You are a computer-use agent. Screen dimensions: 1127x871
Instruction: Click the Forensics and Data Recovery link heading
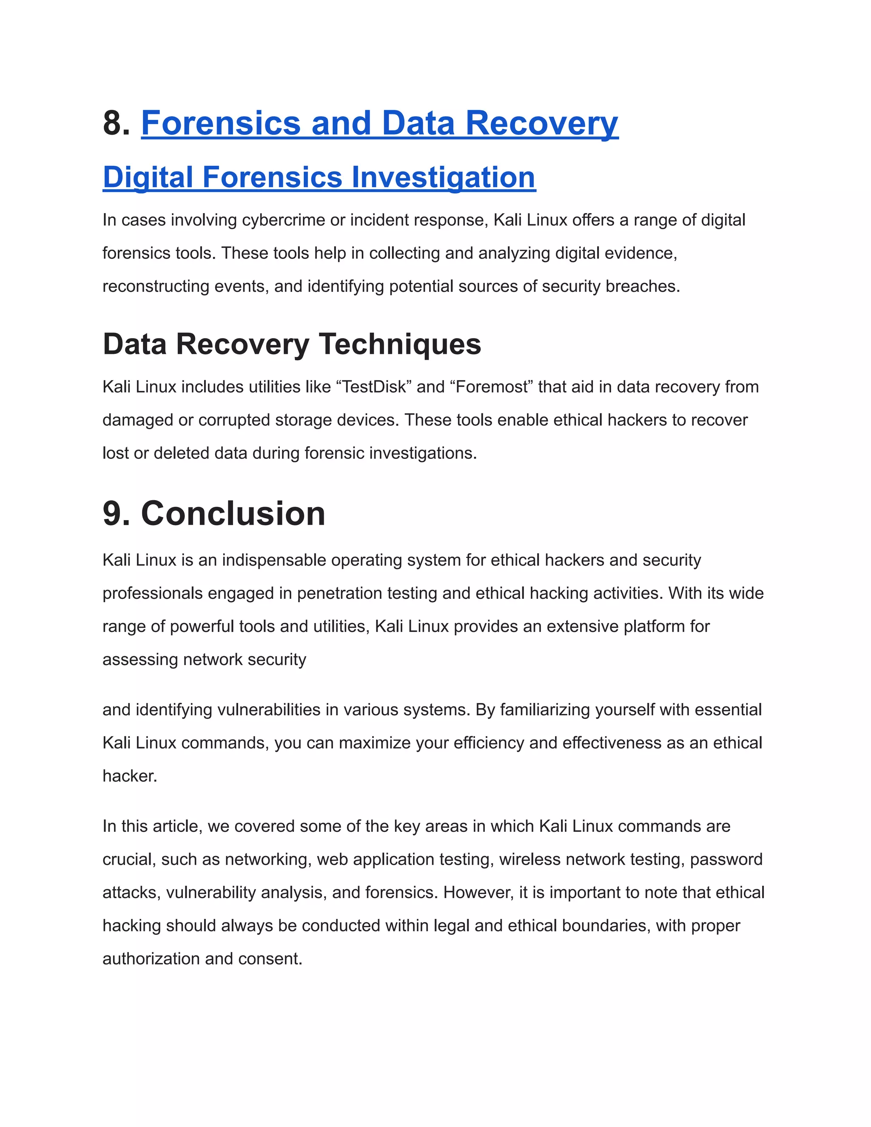379,123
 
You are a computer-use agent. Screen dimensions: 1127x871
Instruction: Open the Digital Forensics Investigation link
319,177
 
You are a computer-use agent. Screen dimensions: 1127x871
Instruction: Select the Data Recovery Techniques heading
291,344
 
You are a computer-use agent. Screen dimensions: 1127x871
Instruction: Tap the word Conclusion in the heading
233,514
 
